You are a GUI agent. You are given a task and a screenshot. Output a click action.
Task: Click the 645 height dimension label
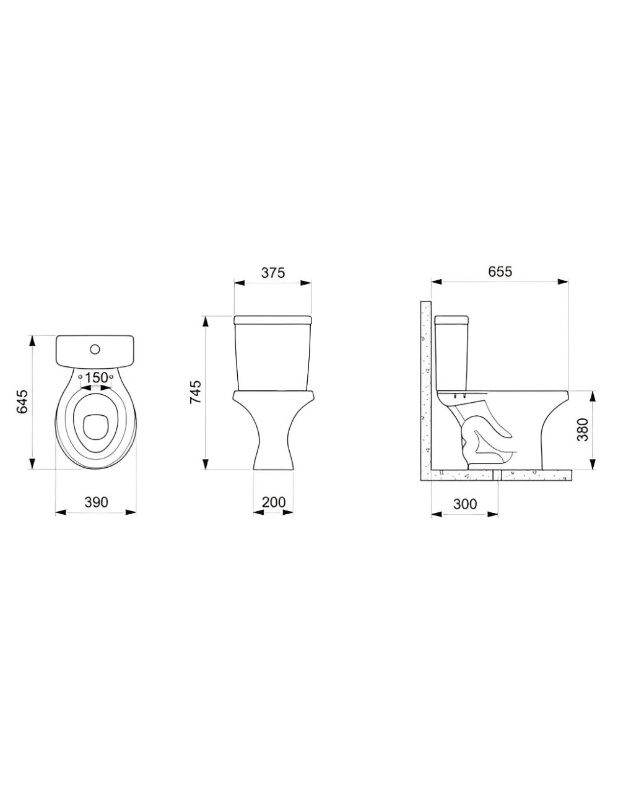coord(22,402)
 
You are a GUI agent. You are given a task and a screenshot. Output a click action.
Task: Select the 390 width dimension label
coord(96,502)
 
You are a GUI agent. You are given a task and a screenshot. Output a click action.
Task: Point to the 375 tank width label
coord(272,272)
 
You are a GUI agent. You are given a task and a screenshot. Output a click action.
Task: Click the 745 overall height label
coord(194,393)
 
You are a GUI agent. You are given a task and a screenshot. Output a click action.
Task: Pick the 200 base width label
coord(273,502)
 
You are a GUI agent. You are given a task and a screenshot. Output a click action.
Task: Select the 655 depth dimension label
coord(500,272)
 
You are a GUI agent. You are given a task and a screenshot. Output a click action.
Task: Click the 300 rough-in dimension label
coord(464,504)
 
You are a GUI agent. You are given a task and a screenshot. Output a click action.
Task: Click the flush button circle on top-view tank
coord(95,349)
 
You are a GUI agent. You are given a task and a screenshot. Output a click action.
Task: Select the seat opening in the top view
coord(95,423)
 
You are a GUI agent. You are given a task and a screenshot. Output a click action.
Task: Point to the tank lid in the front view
coord(272,321)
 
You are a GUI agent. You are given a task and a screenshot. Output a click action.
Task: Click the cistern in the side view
coord(453,353)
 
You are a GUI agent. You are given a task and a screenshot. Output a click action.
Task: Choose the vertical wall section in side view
coord(425,390)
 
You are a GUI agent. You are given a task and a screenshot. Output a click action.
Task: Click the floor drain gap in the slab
coord(498,475)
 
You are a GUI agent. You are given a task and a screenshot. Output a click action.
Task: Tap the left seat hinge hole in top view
coord(80,376)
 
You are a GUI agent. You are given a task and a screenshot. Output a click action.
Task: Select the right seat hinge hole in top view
coord(111,376)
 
